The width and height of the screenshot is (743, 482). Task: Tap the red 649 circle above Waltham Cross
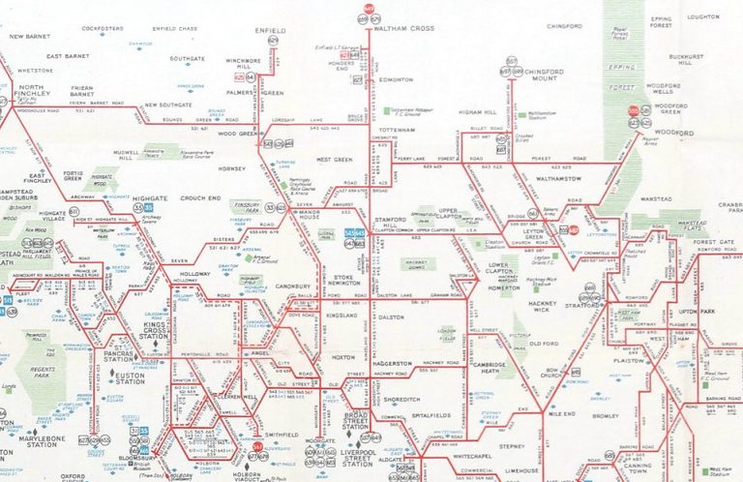(370, 10)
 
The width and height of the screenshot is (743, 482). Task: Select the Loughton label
(702, 16)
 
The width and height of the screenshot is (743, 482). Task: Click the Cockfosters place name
(104, 29)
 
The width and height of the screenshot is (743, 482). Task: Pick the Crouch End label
(201, 198)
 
